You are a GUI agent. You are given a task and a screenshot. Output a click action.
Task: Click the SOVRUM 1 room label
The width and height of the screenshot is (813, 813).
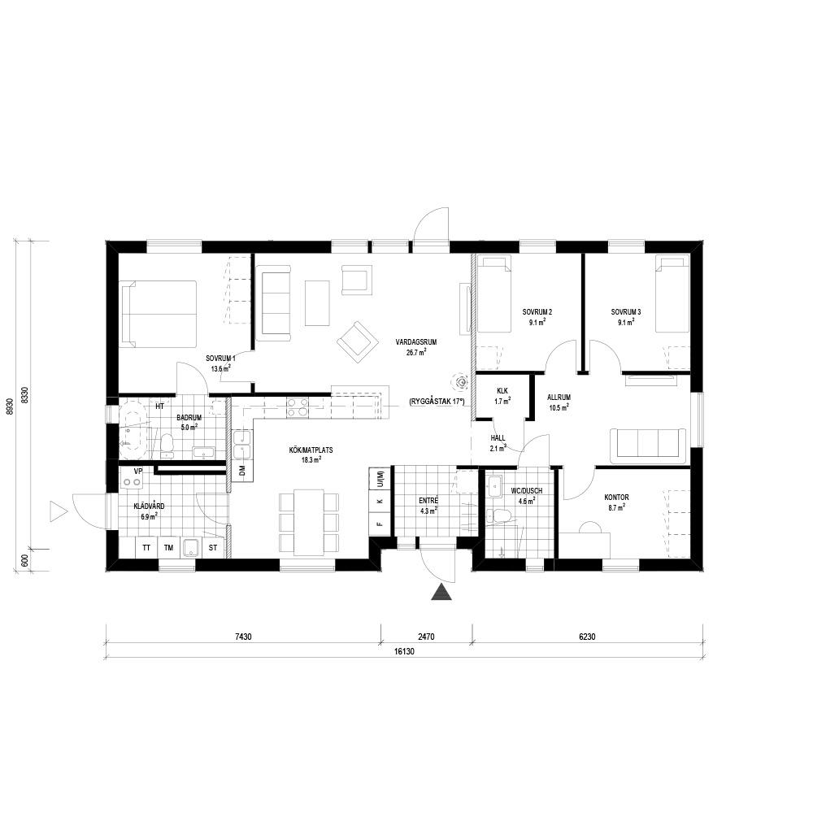220,359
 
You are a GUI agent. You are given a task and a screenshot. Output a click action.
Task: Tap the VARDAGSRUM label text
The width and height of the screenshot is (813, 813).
415,342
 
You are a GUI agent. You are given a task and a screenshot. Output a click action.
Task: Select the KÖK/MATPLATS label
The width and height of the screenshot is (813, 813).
311,450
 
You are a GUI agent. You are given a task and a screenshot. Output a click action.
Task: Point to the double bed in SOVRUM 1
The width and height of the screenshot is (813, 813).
159,314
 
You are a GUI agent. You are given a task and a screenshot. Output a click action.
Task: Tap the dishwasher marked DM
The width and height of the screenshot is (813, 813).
241,471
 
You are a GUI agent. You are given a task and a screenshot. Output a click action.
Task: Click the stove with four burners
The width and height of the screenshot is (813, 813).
298,407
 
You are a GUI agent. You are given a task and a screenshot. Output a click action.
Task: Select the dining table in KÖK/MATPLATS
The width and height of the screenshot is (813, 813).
309,522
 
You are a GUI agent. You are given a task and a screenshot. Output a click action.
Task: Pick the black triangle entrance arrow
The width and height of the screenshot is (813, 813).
441,592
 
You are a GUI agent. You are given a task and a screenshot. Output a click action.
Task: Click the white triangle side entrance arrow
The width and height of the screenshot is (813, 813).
58,511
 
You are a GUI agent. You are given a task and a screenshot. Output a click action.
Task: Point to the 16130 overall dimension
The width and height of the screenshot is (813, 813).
404,652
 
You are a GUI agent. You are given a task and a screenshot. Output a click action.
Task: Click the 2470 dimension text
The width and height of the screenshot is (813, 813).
426,637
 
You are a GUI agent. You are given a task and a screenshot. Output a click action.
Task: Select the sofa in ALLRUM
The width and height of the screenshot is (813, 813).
648,446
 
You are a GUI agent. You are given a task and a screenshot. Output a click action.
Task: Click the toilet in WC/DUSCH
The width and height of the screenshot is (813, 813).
500,516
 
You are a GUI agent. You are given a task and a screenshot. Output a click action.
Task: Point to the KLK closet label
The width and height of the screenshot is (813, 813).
502,391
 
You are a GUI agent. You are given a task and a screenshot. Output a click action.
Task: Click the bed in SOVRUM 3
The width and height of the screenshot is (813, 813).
672,293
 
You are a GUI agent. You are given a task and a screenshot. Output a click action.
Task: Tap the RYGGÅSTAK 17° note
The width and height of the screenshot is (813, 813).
437,402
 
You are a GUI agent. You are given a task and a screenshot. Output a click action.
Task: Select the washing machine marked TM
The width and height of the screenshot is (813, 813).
168,547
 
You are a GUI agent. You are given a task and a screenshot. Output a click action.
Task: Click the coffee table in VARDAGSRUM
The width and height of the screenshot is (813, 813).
317,302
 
